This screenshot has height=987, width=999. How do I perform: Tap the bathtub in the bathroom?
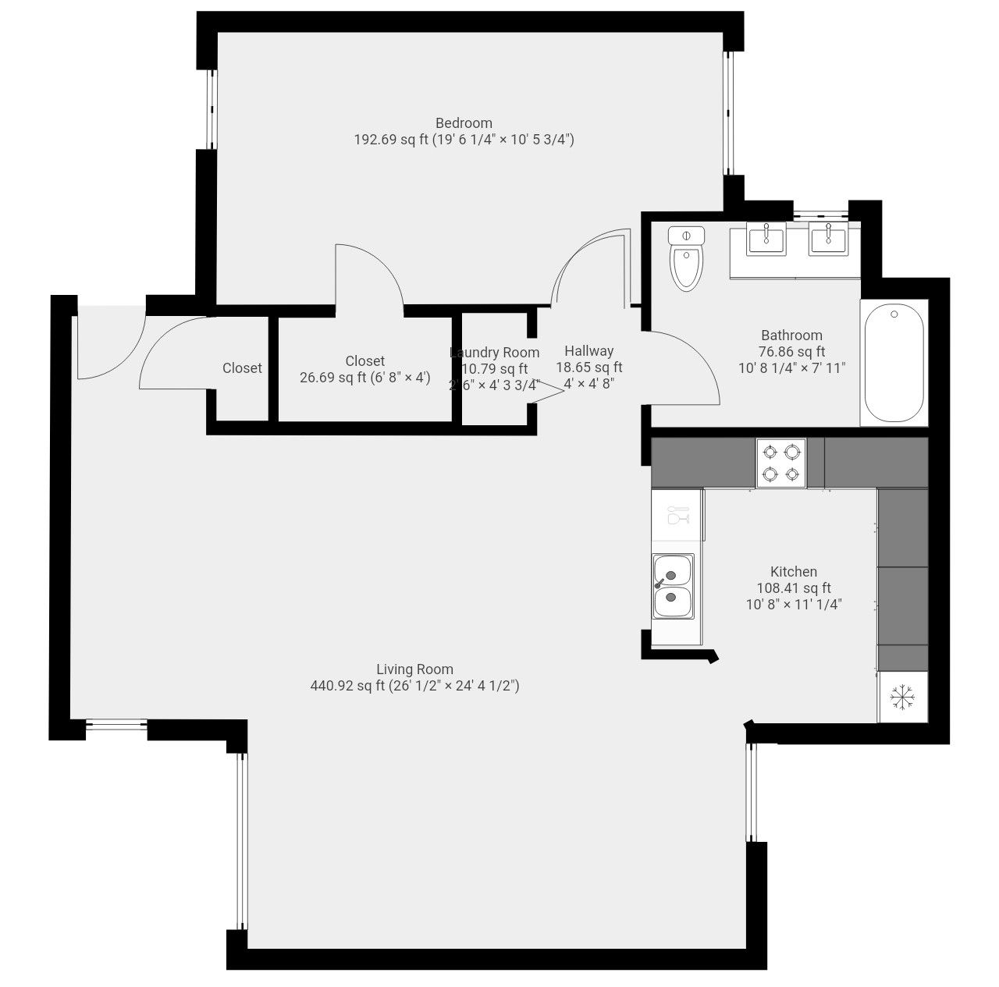coord(894,363)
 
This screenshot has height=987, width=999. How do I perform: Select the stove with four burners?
coord(781,463)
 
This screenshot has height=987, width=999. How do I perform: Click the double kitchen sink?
coord(673,586)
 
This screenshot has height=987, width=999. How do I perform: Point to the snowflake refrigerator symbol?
coord(903,697)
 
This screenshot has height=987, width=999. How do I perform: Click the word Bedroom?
coord(464,123)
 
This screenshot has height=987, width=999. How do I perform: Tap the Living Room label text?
coord(414,669)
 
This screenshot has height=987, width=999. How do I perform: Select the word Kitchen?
coord(794,572)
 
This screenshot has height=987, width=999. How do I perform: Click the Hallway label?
coord(589,351)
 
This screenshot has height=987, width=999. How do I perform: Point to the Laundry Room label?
coord(495,353)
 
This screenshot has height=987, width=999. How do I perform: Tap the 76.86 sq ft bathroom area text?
coord(791,352)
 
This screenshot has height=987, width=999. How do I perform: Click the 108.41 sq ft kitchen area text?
coord(794,589)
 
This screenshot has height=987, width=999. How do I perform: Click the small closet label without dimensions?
coord(242,368)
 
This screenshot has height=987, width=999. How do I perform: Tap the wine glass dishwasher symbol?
coord(677,516)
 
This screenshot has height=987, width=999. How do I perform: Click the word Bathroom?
coord(791,336)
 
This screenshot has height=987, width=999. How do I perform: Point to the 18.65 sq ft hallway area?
coord(589,367)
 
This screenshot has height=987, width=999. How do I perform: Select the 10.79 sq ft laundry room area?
coord(495,369)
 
